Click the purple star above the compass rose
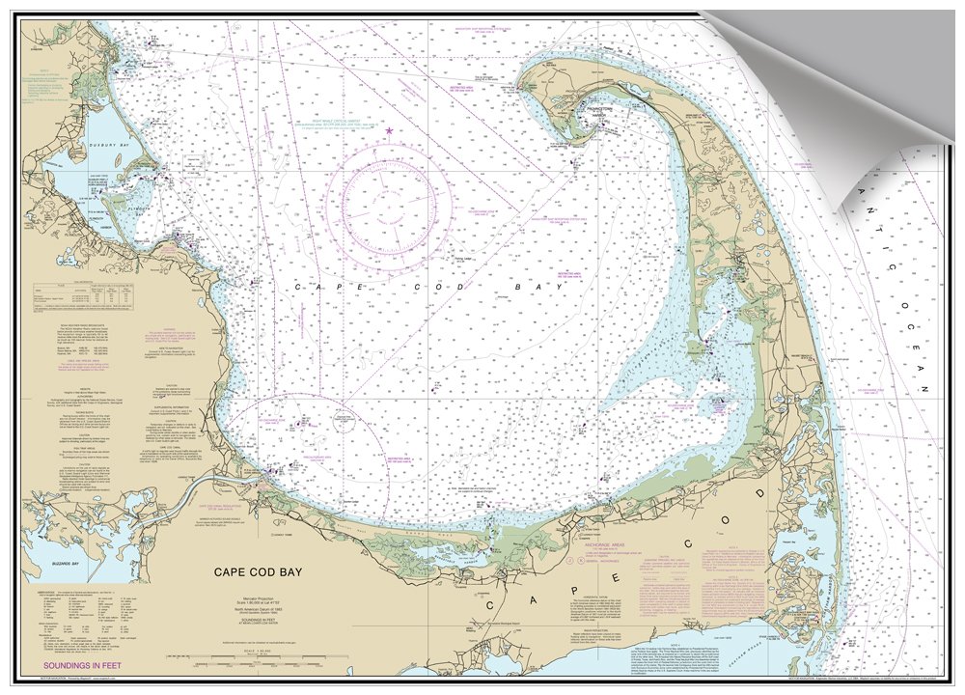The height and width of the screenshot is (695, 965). click(389, 130)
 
